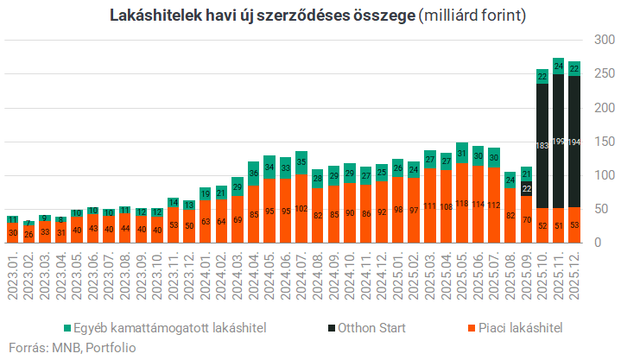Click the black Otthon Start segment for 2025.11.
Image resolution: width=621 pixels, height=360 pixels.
coord(559,141)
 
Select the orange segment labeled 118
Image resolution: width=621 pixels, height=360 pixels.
coord(462,203)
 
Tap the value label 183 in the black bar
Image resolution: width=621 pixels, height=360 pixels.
coord(542,145)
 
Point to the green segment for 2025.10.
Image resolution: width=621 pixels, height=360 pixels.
coord(542,77)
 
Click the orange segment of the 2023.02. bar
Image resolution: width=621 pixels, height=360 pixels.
coord(29,234)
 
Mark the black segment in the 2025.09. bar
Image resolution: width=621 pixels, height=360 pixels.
coord(526,189)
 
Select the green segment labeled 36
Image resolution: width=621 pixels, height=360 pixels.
coord(254,174)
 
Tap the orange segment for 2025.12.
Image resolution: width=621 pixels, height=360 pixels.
coord(574,224)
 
